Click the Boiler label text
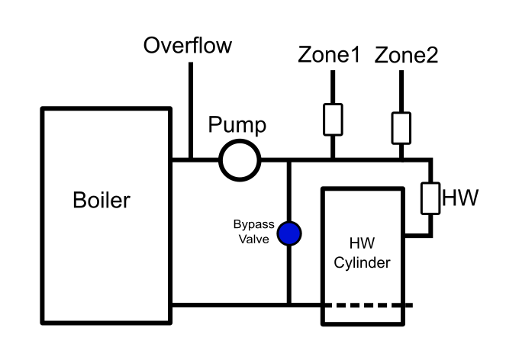102,201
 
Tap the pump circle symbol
240,159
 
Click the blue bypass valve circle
289,233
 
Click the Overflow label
188,46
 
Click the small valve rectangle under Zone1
333,119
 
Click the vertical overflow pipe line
190,107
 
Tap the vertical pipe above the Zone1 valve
333,86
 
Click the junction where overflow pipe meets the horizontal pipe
190,159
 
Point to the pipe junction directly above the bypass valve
289,159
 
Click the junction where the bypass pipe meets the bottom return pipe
289,305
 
